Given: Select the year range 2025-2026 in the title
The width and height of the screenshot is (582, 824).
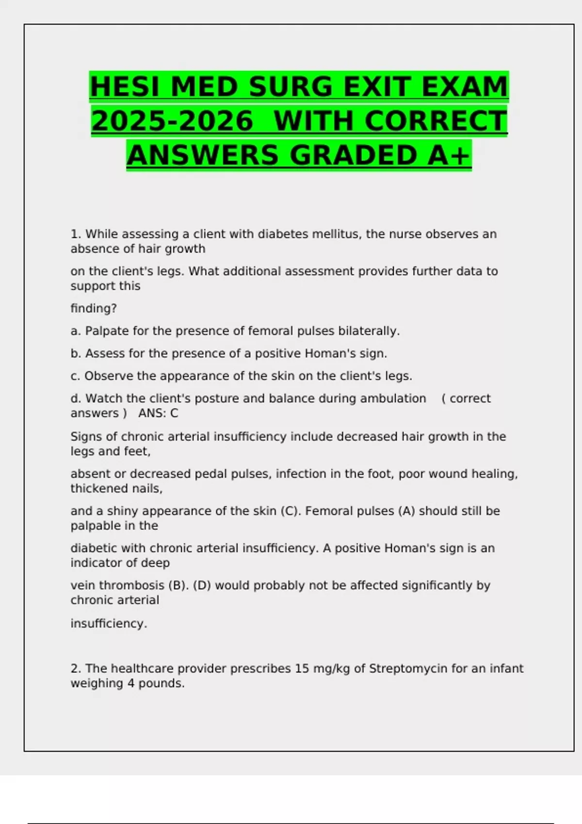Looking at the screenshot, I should (173, 121).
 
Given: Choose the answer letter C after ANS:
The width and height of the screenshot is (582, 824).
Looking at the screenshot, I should (174, 413).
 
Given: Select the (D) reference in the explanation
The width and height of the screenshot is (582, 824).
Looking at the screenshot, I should (202, 586).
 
